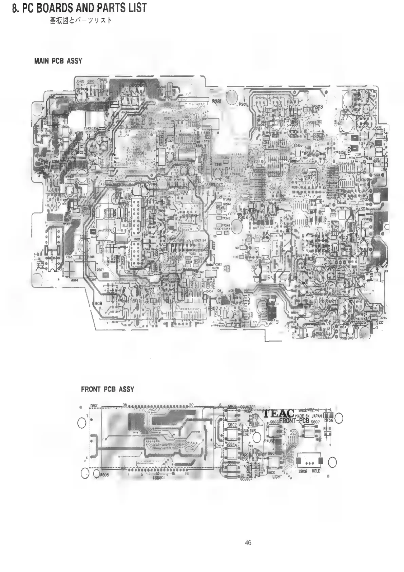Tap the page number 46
click(248, 543)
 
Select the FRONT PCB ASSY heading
click(107, 389)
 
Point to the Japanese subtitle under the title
click(81, 21)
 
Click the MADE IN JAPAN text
click(308, 416)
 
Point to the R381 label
click(217, 101)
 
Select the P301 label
click(242, 104)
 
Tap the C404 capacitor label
click(209, 291)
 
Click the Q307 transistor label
click(100, 270)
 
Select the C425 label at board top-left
click(81, 82)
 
